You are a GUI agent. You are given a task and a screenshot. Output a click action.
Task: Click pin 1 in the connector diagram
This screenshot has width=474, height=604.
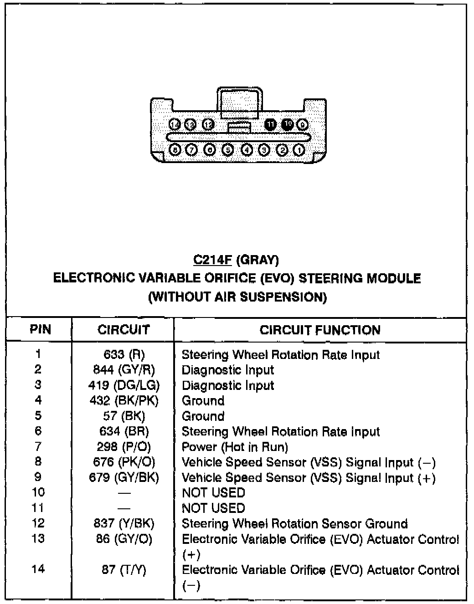299,149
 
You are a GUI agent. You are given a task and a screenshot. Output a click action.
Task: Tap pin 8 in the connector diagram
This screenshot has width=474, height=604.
175,149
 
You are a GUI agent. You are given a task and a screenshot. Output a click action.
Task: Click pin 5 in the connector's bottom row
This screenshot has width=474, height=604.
228,149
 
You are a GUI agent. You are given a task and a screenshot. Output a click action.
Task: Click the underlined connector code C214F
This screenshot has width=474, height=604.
213,260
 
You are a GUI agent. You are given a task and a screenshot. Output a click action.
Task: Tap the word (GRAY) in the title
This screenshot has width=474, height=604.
258,260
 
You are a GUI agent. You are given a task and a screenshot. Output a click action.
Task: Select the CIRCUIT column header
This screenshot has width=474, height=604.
124,330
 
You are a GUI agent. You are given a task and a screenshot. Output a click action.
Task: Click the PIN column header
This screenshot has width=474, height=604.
40,329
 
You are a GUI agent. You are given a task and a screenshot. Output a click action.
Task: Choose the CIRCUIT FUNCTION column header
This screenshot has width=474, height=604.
320,330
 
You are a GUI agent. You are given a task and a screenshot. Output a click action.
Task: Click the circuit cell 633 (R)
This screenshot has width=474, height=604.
124,354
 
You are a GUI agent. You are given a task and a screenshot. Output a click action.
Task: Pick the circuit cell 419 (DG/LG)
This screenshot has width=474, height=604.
124,385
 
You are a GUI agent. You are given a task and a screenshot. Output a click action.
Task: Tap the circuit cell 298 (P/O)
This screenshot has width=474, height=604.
124,447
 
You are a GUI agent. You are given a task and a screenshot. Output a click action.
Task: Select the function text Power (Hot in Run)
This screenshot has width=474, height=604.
235,447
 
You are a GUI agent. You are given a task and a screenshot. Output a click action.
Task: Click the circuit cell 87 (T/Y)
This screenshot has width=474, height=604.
124,570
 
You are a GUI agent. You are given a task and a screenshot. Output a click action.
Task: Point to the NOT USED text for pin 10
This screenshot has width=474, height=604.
213,493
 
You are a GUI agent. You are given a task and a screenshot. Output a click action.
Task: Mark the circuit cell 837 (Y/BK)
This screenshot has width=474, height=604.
124,524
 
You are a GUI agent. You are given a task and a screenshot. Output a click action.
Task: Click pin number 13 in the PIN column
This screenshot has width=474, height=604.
38,538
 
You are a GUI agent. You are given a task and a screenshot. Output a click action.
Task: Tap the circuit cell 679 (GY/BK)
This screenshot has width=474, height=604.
124,477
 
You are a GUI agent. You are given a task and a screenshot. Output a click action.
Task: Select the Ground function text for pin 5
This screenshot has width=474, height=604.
203,416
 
